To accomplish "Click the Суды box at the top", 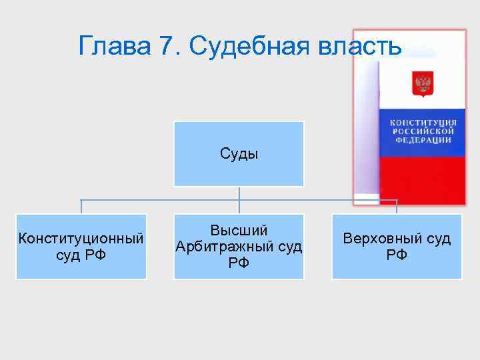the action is pyautogui.click(x=239, y=153).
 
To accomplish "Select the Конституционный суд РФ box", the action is pyautogui.click(x=81, y=246).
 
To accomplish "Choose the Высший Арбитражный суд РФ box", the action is pyautogui.click(x=239, y=246).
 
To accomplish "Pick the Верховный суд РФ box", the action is pyautogui.click(x=397, y=246).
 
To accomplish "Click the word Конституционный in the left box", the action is pyautogui.click(x=81, y=238).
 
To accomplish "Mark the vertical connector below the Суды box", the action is pyautogui.click(x=239, y=193).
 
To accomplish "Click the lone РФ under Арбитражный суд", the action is pyautogui.click(x=239, y=263).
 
